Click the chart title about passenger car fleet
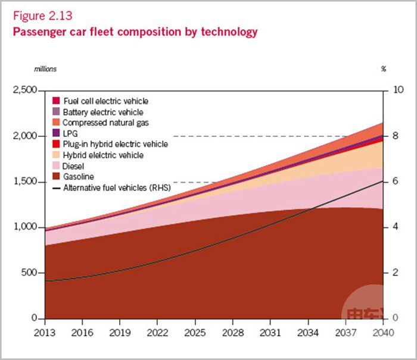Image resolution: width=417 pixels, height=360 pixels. coord(135,32)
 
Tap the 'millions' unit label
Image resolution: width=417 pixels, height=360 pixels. coord(45,69)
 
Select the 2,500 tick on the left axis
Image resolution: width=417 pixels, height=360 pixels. coord(25,90)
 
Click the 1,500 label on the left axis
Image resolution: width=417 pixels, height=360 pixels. coord(25,181)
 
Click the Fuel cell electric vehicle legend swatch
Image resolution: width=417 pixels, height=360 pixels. coord(56,101)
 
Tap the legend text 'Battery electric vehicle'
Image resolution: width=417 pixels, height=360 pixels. coord(103,112)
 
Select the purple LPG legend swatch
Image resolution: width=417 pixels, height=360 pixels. coord(56,133)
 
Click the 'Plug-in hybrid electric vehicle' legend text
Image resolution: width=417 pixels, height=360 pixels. coord(115,144)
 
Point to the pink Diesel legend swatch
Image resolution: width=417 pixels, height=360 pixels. coord(56,166)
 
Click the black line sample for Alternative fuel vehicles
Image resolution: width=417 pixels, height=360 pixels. coord(56,187)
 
